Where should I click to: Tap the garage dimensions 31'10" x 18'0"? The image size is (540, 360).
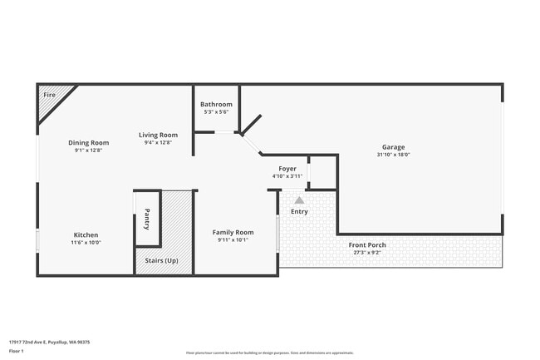click(394, 155)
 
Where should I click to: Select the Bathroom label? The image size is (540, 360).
click(216, 104)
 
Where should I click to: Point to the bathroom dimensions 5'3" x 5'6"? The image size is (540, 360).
click(216, 111)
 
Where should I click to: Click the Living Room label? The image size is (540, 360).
click(158, 135)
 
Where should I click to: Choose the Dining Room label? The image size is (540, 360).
click(89, 143)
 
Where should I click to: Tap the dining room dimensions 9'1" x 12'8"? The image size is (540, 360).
click(89, 150)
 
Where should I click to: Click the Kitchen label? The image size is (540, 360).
click(86, 235)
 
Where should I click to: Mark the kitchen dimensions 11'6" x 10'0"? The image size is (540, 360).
click(86, 243)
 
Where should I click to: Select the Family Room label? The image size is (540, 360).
click(233, 232)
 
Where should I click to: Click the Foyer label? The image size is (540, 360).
click(287, 169)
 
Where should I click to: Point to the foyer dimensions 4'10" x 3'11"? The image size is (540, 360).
click(287, 176)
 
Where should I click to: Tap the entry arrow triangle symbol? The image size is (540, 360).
click(299, 200)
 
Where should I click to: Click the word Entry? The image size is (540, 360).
click(299, 211)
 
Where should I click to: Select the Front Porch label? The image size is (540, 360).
click(366, 244)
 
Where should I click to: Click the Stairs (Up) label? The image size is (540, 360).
click(160, 261)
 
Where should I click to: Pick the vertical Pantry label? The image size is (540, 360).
click(147, 219)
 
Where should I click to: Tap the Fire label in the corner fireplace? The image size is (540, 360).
click(49, 95)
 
